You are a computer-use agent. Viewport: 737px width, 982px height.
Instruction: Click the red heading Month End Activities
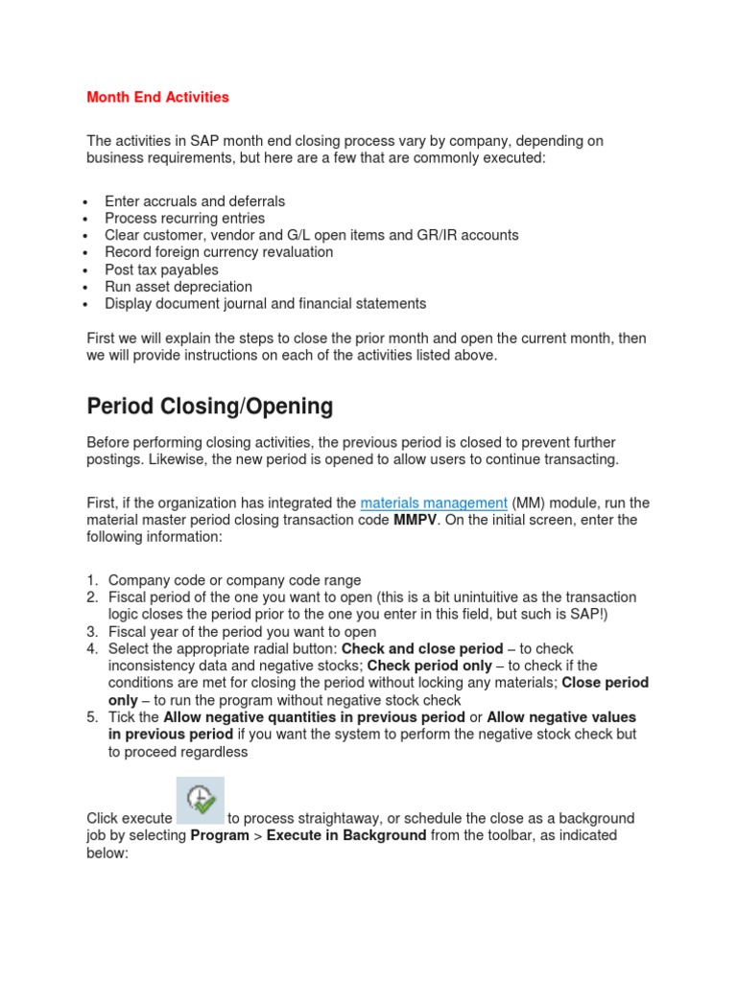point(158,97)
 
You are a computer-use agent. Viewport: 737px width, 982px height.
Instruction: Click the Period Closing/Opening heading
point(209,407)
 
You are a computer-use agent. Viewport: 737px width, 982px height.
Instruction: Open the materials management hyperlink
point(434,503)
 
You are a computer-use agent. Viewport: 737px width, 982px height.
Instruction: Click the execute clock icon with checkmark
point(201,800)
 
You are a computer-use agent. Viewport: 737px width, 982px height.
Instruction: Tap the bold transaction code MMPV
point(415,520)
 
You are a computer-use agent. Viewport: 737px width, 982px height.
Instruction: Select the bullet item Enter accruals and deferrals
point(195,201)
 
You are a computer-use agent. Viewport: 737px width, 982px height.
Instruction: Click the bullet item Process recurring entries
point(185,219)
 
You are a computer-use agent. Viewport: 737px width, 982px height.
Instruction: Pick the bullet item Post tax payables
point(161,269)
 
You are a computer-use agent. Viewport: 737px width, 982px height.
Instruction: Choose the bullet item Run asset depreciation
point(178,287)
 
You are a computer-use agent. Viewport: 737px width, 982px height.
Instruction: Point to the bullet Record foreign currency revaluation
point(219,252)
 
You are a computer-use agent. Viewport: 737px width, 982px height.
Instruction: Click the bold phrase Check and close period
point(422,649)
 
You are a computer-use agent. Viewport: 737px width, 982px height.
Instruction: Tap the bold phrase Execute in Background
point(346,835)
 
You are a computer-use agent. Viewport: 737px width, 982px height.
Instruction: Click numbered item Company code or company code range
point(234,580)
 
